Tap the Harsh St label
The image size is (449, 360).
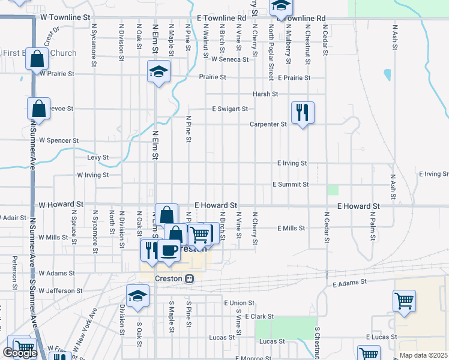(265, 94)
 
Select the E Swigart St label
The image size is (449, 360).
(229, 109)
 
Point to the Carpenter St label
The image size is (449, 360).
(268, 124)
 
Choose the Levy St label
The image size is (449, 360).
(97, 157)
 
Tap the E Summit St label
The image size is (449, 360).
(290, 185)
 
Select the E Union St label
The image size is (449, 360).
(239, 304)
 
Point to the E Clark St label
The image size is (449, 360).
(258, 316)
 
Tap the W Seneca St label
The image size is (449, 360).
(229, 59)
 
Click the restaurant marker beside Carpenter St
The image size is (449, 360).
(303, 112)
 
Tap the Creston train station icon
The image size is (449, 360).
(190, 278)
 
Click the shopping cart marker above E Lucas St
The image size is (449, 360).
(404, 301)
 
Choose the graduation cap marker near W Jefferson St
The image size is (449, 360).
(137, 295)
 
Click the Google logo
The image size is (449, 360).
(19, 353)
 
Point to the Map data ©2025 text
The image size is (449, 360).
(423, 355)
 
